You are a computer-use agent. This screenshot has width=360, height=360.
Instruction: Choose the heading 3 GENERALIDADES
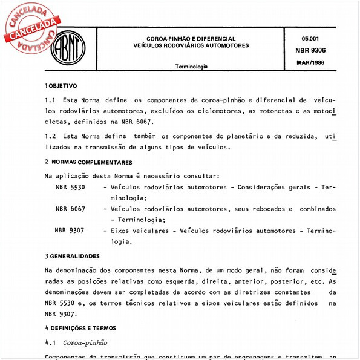(76, 256)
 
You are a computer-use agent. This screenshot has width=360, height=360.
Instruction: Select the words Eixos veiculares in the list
(137, 230)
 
